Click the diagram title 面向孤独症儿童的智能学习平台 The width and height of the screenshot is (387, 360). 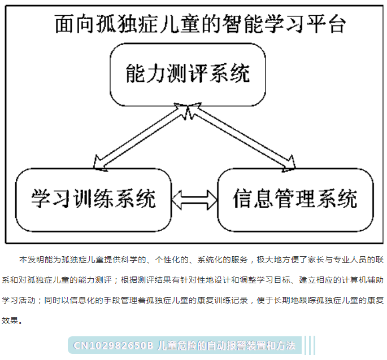(x=200, y=24)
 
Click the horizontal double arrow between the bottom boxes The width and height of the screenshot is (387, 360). (x=194, y=200)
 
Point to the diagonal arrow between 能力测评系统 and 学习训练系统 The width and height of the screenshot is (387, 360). (x=141, y=137)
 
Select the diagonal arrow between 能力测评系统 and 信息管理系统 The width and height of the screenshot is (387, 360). (x=241, y=137)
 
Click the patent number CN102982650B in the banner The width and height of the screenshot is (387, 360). (x=114, y=345)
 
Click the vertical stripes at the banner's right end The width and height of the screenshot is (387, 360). (x=310, y=345)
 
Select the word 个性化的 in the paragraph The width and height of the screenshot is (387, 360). (x=172, y=260)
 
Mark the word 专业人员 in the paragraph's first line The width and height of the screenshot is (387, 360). (x=350, y=260)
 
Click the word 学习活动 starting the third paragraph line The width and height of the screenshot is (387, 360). (x=19, y=300)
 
